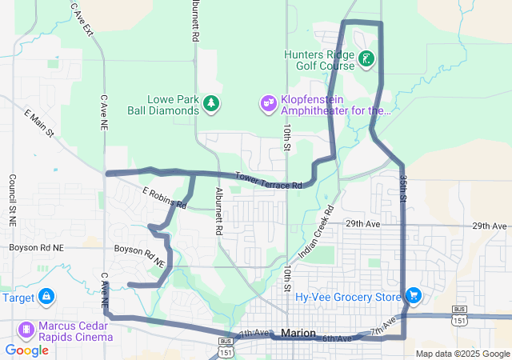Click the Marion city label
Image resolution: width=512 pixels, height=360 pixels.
point(299,333)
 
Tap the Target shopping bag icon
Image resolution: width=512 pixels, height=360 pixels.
point(46,297)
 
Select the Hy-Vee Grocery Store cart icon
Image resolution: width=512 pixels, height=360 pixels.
point(414,296)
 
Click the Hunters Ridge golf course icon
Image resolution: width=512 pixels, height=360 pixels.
point(366,58)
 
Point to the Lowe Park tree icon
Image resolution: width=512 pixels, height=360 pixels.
point(211,103)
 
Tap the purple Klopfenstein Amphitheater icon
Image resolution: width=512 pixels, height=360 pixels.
point(268,103)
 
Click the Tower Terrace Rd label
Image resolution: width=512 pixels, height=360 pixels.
point(268,181)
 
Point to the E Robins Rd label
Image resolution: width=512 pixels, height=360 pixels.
point(164,198)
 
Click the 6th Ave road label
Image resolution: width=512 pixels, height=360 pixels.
point(337,339)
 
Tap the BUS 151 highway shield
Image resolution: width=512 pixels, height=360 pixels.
point(458,314)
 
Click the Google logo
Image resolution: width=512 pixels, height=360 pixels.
point(26,350)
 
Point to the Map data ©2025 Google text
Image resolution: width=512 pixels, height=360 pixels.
point(462,354)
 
